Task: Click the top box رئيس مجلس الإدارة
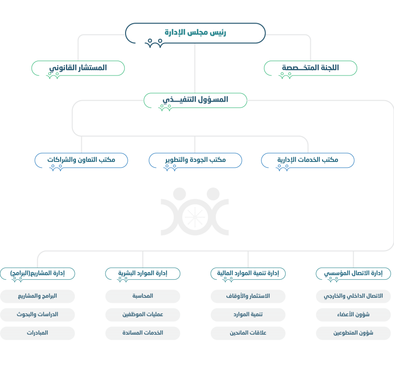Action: [195, 33]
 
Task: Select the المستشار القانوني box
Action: [78, 68]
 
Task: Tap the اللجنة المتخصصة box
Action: [311, 68]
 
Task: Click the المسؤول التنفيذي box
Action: [195, 100]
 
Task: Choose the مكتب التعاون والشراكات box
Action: [81, 160]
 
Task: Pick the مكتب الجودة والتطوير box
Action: [195, 160]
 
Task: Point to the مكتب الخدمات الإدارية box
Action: [307, 160]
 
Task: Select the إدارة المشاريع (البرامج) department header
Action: [37, 273]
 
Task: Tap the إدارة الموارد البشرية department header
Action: [143, 273]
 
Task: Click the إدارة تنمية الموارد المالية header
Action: [248, 273]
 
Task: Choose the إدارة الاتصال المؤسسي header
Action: [353, 273]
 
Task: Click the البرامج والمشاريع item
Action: [37, 296]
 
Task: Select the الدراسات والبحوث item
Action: [37, 314]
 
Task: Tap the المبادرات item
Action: [37, 333]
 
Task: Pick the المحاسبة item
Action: [143, 296]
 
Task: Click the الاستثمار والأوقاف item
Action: [248, 296]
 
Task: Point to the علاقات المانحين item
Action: [248, 333]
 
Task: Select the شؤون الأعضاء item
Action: [353, 314]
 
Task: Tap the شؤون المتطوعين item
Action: [353, 333]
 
